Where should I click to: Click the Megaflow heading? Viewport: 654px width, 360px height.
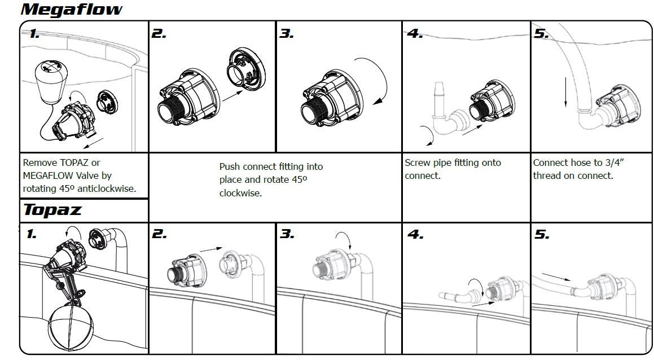[72, 10]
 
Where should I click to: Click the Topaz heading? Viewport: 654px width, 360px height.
[52, 210]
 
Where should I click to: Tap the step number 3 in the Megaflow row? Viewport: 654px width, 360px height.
[287, 34]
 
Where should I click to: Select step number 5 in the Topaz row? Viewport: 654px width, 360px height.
[542, 234]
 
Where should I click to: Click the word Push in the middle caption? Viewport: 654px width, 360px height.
[230, 166]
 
